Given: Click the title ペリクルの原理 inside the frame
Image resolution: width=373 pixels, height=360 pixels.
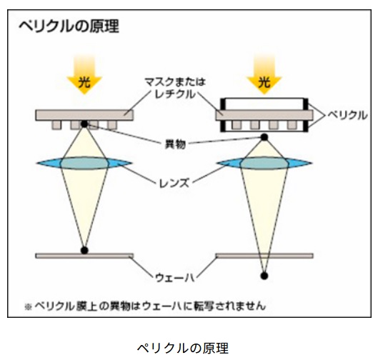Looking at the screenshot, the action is [x=69, y=26].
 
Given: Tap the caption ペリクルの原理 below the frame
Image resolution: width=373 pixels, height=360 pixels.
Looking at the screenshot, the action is [x=183, y=349].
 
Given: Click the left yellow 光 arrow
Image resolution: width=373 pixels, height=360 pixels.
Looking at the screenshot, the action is [x=84, y=74].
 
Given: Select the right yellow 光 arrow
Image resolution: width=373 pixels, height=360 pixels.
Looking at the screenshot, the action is [x=264, y=74].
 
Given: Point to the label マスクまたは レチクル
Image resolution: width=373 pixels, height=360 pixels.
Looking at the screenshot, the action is [x=175, y=88].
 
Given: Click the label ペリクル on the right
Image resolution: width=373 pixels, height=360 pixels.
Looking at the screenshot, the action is [x=347, y=116].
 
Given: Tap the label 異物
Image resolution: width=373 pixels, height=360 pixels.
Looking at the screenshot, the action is [x=175, y=144].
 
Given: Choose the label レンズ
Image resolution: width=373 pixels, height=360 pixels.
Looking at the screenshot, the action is [x=174, y=183].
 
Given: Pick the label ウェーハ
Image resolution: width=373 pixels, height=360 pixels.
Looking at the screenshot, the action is [x=175, y=278].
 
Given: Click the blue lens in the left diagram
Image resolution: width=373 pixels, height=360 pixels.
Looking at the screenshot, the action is [x=84, y=163].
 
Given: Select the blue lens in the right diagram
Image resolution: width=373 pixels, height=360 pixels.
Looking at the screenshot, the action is [x=264, y=163].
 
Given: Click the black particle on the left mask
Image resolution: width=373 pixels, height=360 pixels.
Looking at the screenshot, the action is [x=84, y=124].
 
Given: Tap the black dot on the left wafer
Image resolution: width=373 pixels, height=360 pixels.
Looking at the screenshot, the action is [x=84, y=250].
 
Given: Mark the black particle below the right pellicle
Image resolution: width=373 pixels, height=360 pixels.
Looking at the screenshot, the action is [x=264, y=137].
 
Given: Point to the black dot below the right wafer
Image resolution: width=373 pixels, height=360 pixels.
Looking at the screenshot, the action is [x=264, y=276].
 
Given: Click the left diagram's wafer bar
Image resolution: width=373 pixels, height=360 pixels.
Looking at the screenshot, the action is [x=84, y=256].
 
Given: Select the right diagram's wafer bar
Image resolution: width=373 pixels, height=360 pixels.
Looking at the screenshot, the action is [x=264, y=256].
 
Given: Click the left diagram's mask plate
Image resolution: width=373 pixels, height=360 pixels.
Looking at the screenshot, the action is [x=84, y=115].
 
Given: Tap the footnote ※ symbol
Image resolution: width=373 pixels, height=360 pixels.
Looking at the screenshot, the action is [x=28, y=307].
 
